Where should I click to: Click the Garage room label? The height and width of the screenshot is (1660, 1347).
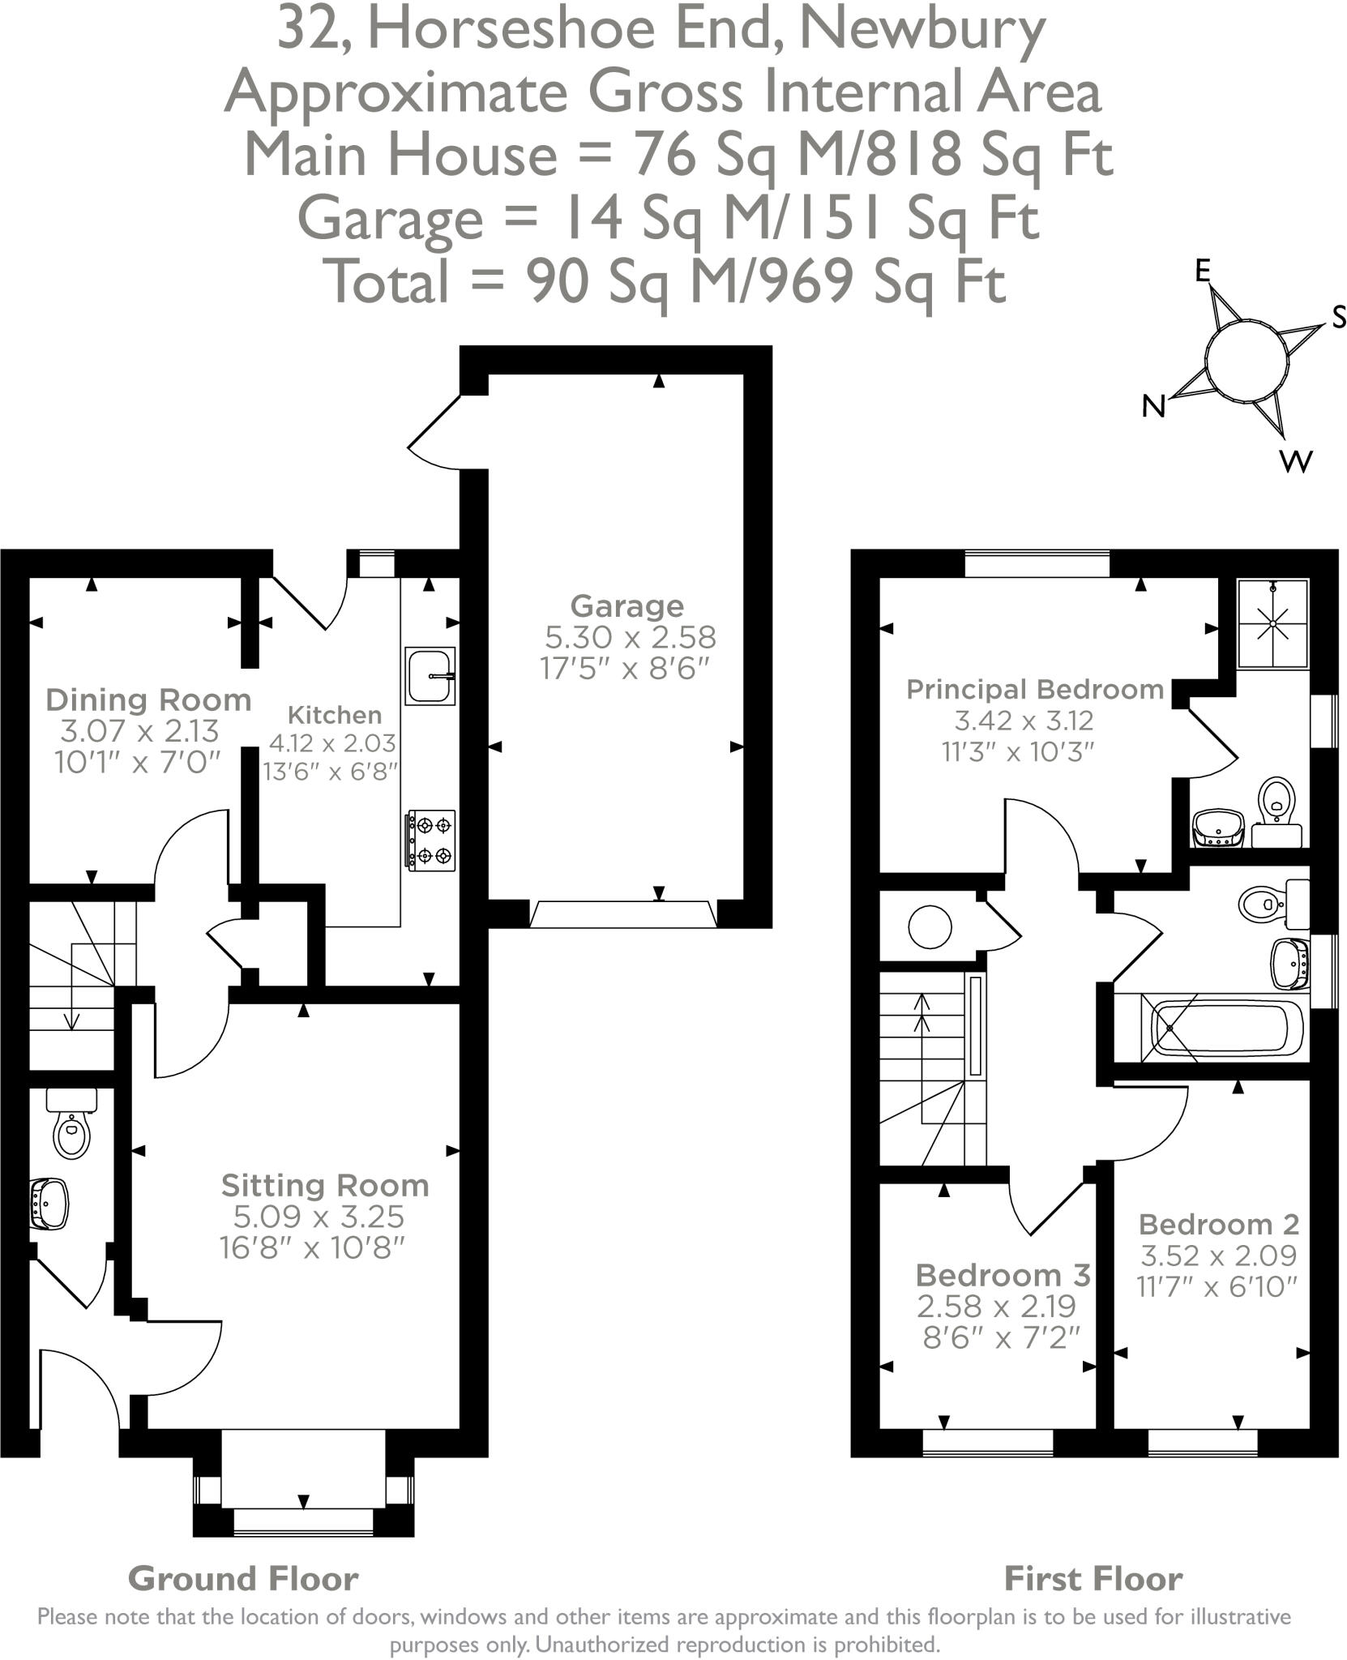point(626,605)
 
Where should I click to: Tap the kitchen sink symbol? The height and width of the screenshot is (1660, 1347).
point(430,676)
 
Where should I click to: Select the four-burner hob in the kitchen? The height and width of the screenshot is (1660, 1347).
point(432,841)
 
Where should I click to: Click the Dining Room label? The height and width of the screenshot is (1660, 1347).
point(148,700)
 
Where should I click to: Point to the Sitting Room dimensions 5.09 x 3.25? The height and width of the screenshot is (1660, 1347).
point(319,1216)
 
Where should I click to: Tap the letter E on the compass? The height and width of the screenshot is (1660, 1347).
point(1204,272)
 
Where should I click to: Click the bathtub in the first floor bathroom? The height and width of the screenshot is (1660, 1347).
point(1224,1028)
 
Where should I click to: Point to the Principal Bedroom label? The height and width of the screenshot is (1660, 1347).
point(1035,690)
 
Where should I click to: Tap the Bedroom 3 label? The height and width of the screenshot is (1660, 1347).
point(1003,1275)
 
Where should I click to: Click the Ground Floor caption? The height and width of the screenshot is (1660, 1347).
point(243,1579)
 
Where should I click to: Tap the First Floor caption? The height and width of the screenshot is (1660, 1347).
point(1093,1579)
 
